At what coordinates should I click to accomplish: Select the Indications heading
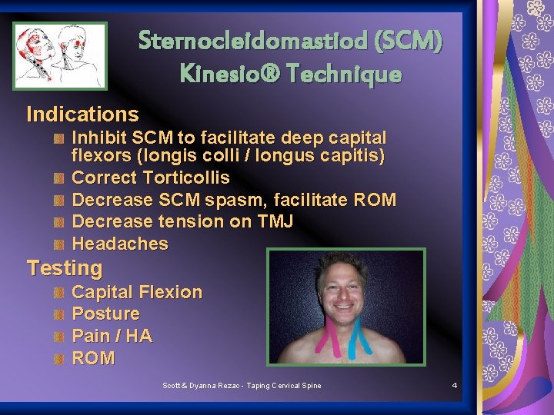[82, 115]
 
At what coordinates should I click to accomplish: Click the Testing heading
[65, 268]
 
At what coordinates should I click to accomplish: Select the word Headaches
[119, 244]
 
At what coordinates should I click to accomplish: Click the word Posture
[105, 314]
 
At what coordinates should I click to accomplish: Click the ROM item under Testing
[93, 358]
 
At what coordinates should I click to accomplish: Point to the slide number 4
[455, 385]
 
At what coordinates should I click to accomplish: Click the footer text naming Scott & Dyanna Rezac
[242, 385]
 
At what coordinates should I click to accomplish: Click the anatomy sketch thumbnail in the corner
[59, 55]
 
